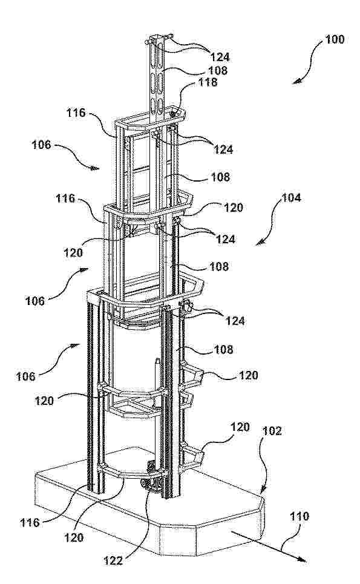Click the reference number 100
(335, 39)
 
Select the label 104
(291, 198)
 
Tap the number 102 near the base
(272, 431)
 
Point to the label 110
(299, 517)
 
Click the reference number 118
(208, 82)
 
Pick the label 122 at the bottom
(113, 560)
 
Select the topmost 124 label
(220, 57)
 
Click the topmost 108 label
(217, 70)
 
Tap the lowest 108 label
(223, 349)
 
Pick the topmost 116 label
(76, 113)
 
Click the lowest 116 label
(30, 522)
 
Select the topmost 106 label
(41, 145)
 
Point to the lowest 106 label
(25, 376)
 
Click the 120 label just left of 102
(240, 427)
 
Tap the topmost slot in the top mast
(159, 56)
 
